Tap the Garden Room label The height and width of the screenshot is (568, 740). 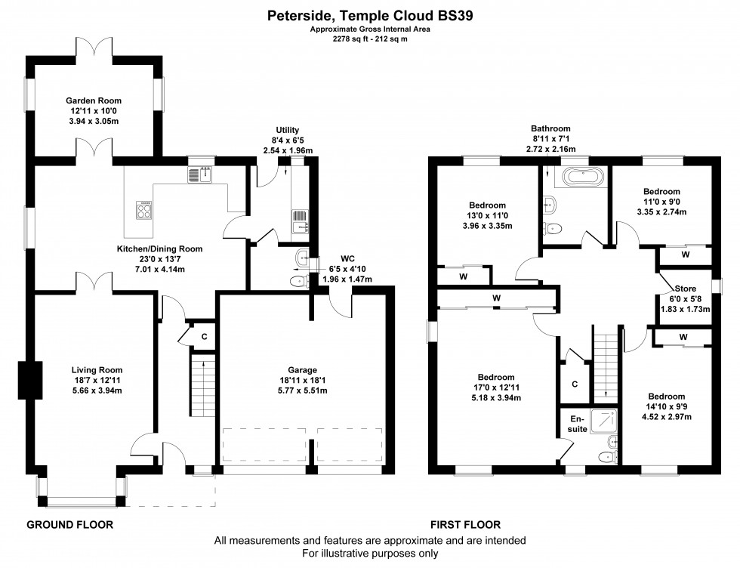tap(94, 100)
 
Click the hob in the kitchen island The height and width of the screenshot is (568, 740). tap(143, 209)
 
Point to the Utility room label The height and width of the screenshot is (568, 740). tap(288, 131)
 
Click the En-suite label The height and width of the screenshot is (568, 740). tap(578, 424)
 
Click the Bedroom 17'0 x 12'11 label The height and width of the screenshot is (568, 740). tap(496, 378)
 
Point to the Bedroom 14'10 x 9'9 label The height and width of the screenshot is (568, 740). tap(667, 397)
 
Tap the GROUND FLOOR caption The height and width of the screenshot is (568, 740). tap(70, 524)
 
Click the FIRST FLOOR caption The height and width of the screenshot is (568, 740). tap(465, 524)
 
